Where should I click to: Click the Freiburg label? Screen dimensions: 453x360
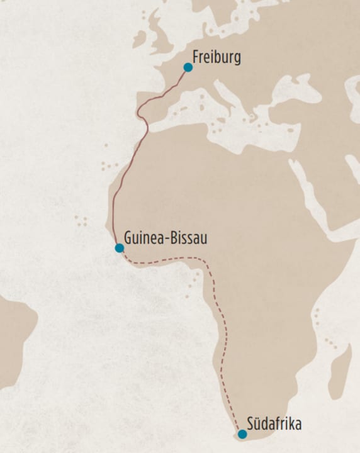pyautogui.click(x=217, y=57)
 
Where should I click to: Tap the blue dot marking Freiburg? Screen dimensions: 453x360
pyautogui.click(x=188, y=67)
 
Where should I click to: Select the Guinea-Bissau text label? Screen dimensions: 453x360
pyautogui.click(x=166, y=238)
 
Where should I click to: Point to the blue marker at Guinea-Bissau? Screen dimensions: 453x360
pyautogui.click(x=120, y=248)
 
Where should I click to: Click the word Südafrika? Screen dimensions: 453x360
pyautogui.click(x=274, y=424)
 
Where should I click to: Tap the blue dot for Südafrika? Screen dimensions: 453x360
pyautogui.click(x=242, y=433)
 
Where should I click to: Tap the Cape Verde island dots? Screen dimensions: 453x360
pyautogui.click(x=81, y=221)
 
